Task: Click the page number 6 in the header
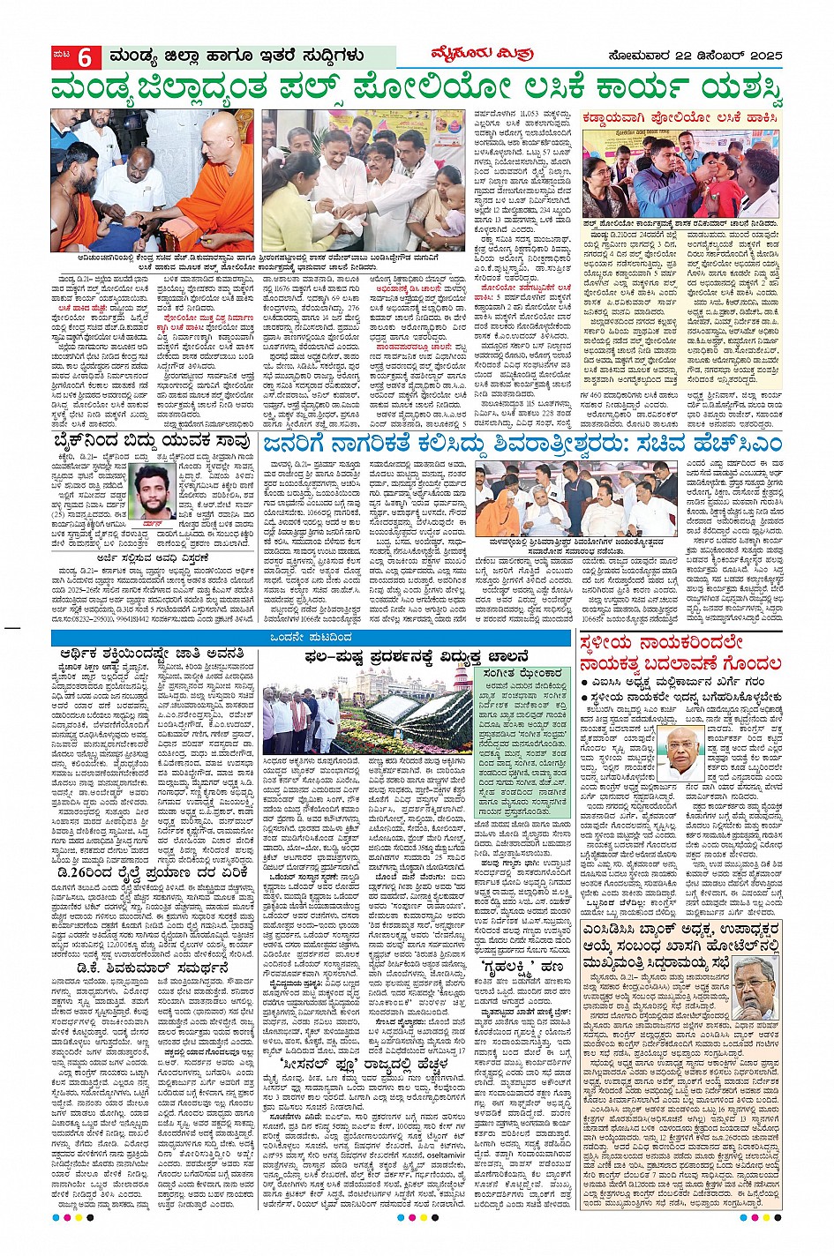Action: point(85,57)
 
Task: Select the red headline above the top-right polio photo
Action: point(680,117)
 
